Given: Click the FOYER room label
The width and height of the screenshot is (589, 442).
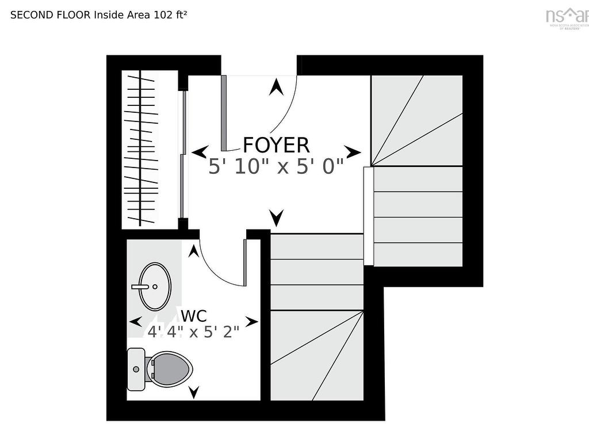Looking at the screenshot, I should (276, 145).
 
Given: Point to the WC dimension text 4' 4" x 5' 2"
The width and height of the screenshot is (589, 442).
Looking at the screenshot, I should (193, 332).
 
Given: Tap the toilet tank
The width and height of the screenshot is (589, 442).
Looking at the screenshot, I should (136, 369).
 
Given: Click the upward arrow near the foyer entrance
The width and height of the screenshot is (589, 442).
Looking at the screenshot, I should (277, 87).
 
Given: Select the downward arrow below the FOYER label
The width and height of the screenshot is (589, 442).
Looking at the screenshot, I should (277, 218).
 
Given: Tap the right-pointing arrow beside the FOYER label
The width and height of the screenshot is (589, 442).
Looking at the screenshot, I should (353, 153).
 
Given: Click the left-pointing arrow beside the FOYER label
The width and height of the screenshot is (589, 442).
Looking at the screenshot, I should (200, 153).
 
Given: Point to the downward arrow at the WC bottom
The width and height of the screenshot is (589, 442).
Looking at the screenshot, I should (194, 393).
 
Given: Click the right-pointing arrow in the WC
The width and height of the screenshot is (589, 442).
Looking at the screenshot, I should (251, 321).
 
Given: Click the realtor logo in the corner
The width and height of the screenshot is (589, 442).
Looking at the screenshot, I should (567, 16).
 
